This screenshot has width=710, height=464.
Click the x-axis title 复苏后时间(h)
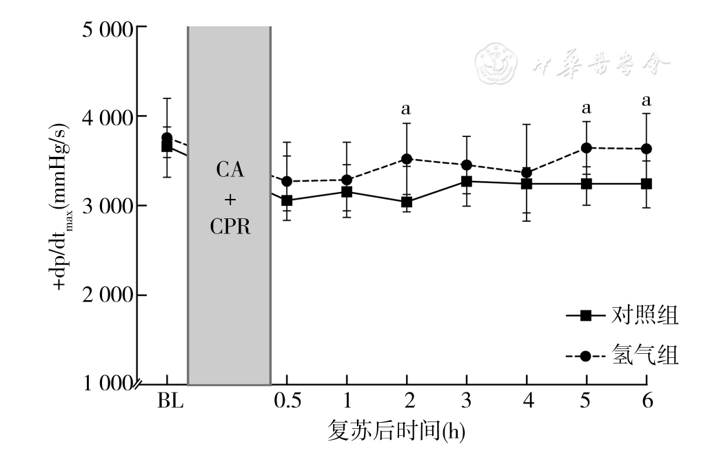pos(396,431)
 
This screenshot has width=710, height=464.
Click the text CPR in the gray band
pos(230,227)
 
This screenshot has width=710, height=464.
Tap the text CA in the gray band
pos(230,170)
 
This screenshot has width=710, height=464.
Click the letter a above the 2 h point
pos(406,109)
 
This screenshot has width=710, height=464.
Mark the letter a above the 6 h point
pos(647,101)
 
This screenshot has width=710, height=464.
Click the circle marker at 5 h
pos(587,148)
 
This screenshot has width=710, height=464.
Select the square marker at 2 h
pos(407,202)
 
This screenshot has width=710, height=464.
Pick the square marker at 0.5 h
pos(287,201)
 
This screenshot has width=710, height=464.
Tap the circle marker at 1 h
pos(347,180)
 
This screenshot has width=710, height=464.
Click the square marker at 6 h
pos(647,184)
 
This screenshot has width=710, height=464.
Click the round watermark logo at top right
pos(496,62)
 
